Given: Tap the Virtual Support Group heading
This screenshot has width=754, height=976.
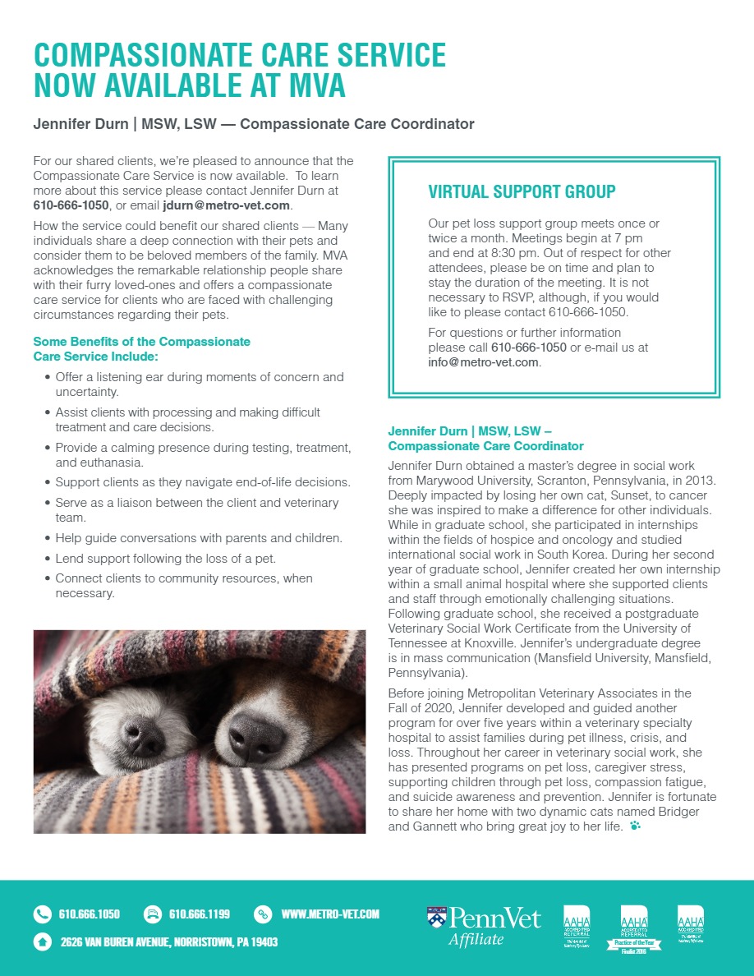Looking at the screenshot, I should click(x=522, y=192).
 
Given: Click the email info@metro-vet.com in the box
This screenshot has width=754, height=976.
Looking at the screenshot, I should click(x=484, y=362).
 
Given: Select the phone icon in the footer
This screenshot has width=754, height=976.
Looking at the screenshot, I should click(x=42, y=914).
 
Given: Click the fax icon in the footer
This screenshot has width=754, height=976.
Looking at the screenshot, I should click(x=152, y=914).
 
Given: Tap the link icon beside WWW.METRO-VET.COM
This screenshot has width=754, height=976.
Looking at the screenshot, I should click(x=263, y=914).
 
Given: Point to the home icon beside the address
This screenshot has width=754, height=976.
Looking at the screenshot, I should click(x=42, y=941).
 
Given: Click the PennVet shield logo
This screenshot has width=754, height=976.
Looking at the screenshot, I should click(x=437, y=917).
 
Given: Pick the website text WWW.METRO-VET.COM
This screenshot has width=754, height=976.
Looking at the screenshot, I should click(x=330, y=914).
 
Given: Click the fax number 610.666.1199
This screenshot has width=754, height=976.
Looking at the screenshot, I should click(x=200, y=914).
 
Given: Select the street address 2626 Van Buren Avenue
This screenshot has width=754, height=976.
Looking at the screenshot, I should click(x=168, y=941).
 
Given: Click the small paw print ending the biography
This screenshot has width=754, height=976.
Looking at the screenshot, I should click(x=634, y=826).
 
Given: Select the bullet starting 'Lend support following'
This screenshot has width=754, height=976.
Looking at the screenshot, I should click(x=165, y=559).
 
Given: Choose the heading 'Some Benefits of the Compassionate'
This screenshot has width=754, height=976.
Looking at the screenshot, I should click(x=141, y=341).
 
